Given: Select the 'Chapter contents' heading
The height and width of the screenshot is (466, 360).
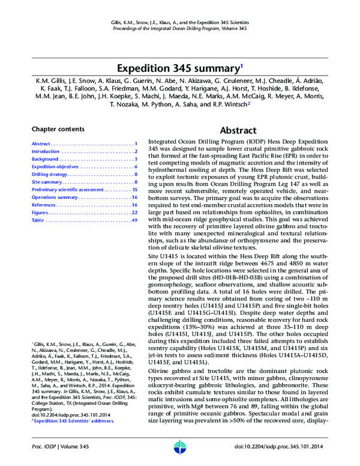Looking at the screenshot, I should click(x=58, y=129).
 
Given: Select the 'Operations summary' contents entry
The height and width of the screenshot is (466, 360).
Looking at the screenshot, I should click(x=55, y=197).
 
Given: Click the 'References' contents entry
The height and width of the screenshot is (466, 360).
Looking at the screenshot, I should click(x=44, y=205).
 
